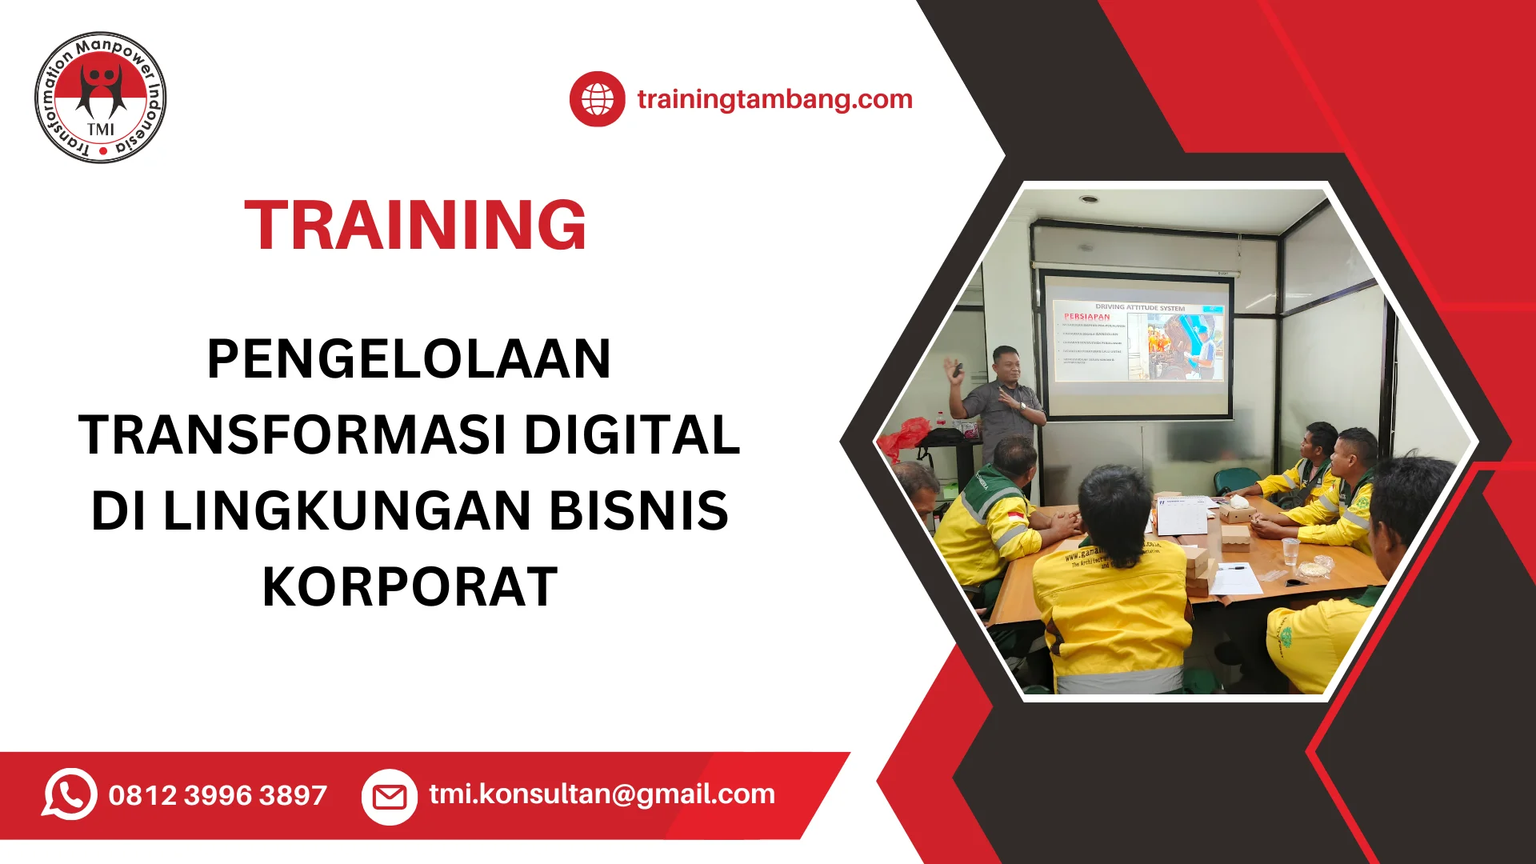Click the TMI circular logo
(x=101, y=98)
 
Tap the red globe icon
(x=597, y=99)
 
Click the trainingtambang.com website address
(x=774, y=99)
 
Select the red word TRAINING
(x=415, y=226)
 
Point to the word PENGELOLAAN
(x=409, y=358)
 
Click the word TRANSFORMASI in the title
(x=293, y=434)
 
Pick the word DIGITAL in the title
(x=632, y=434)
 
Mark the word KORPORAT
(x=410, y=586)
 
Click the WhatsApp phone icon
(x=70, y=794)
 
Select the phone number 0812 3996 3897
(x=218, y=795)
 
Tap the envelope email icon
(x=390, y=797)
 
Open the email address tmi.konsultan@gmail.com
(x=602, y=794)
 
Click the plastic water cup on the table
(x=1290, y=551)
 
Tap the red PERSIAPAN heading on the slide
(x=1086, y=317)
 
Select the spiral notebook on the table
(x=1182, y=514)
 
